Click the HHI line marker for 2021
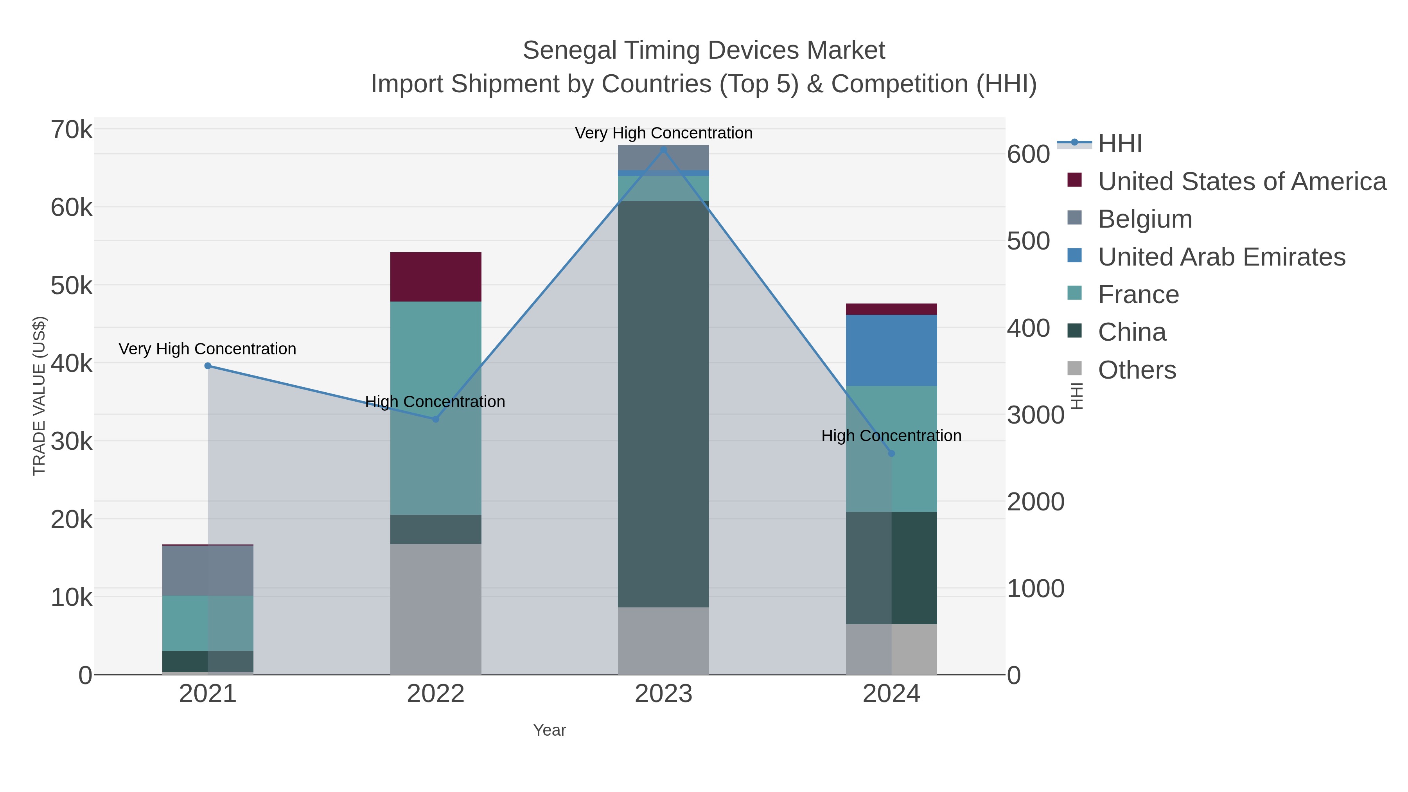208,366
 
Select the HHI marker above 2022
436,419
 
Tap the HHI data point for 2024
891,453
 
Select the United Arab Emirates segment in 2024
891,350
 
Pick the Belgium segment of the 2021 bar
208,570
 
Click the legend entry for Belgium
1144,219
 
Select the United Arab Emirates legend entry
1221,257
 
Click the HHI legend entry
1119,144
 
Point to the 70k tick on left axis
72,130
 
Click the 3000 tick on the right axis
1035,415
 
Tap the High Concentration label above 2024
891,436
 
